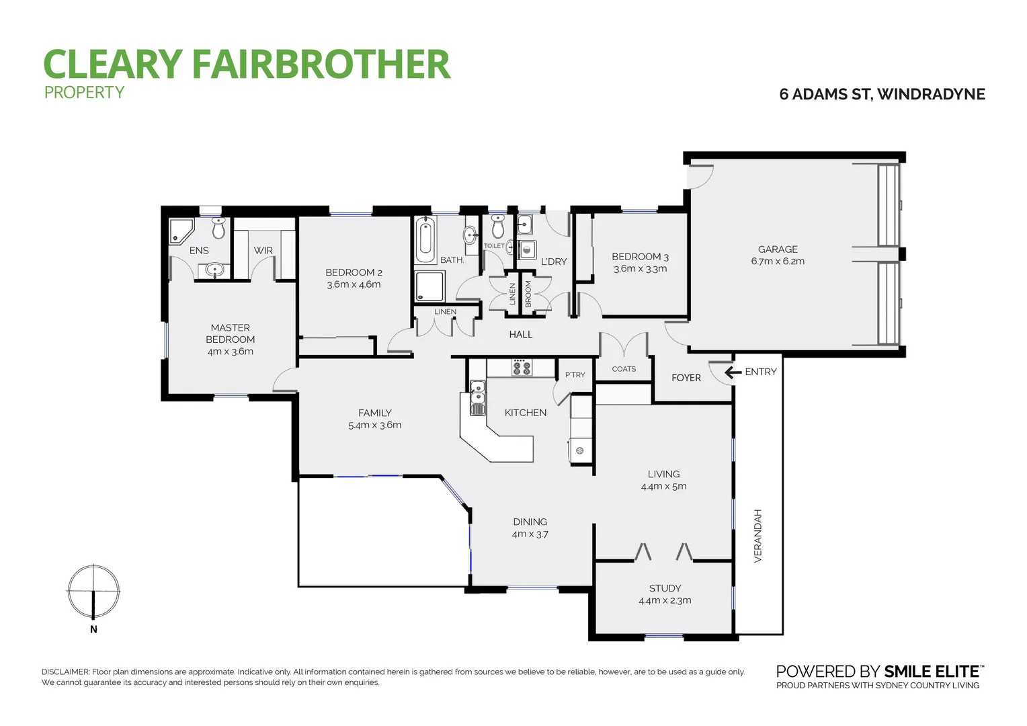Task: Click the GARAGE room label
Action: (778, 249)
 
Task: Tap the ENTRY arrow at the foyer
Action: (733, 372)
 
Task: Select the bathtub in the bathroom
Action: (424, 240)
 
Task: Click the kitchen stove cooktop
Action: (522, 368)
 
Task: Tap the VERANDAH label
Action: (758, 536)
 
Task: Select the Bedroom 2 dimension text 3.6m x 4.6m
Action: (354, 284)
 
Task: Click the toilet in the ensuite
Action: (218, 229)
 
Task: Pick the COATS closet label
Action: (624, 369)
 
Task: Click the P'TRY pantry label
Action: (575, 375)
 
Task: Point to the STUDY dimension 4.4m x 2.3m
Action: (665, 600)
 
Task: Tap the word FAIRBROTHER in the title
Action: (321, 65)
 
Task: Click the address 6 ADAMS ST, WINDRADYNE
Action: (882, 94)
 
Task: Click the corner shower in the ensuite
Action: (181, 231)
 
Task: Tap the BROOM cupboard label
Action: (528, 294)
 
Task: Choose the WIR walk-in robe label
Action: (263, 251)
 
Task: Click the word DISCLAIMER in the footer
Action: (65, 672)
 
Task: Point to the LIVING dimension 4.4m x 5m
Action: (663, 486)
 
